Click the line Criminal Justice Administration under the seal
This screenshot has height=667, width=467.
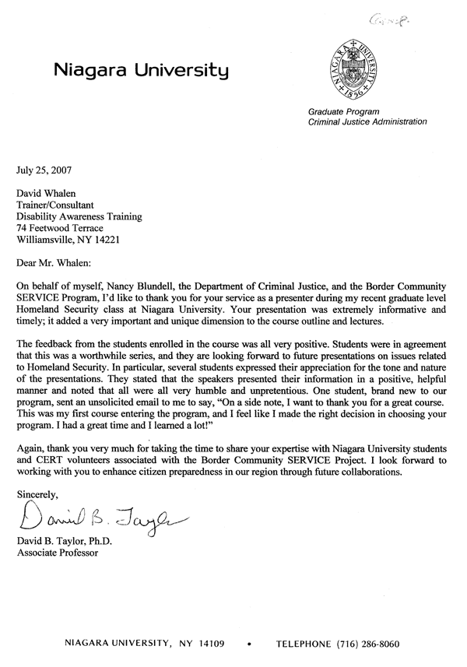point(367,122)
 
